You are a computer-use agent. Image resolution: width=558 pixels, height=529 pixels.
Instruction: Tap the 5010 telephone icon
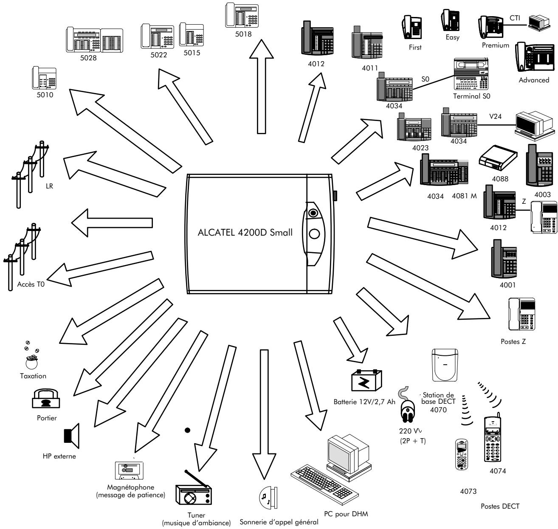click(x=43, y=77)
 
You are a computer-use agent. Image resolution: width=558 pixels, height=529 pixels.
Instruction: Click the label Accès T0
click(x=31, y=285)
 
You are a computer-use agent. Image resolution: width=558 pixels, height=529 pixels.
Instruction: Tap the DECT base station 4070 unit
click(x=443, y=365)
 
